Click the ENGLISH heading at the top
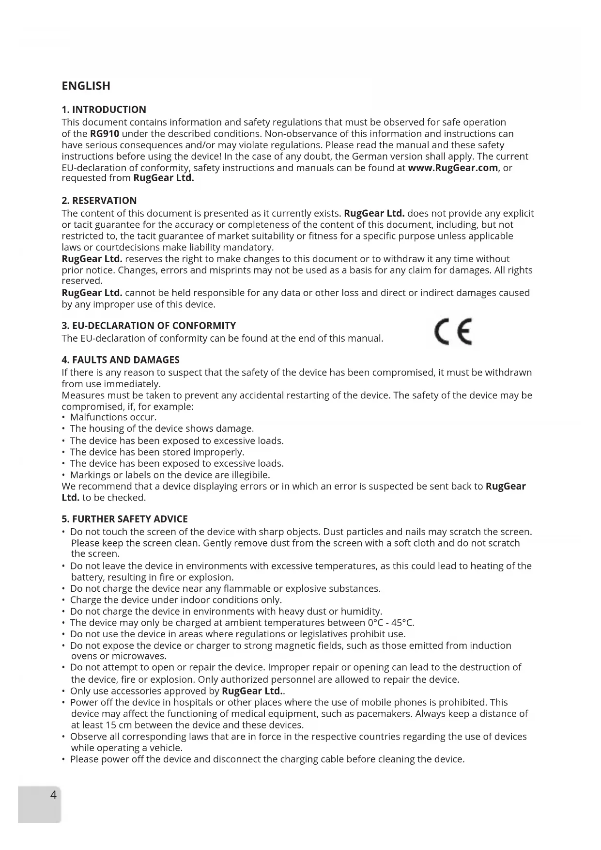(x=86, y=86)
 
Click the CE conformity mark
(x=453, y=332)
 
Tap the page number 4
(x=53, y=795)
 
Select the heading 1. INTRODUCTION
(x=104, y=110)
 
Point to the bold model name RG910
(x=105, y=134)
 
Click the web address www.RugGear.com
(x=453, y=168)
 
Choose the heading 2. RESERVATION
(x=99, y=201)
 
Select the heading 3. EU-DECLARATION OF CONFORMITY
(x=149, y=326)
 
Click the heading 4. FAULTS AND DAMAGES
(x=121, y=360)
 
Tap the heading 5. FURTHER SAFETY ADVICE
(x=124, y=519)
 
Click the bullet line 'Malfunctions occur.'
(x=113, y=417)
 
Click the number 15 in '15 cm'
(x=110, y=725)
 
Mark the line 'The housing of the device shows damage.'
(x=162, y=429)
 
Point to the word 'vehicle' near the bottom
(x=165, y=748)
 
